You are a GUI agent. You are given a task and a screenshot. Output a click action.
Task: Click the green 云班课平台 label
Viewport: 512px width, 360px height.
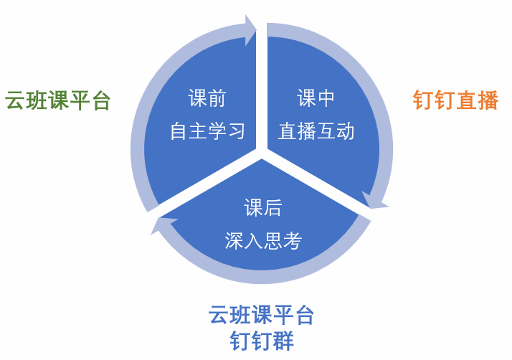58,100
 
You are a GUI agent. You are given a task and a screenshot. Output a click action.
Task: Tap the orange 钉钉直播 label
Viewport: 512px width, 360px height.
456,100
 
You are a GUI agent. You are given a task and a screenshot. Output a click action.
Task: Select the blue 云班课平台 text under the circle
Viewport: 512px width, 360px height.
261,315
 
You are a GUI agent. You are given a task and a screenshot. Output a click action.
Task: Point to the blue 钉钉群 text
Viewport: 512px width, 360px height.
262,341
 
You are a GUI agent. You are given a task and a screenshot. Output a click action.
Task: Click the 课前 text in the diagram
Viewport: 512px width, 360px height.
207,98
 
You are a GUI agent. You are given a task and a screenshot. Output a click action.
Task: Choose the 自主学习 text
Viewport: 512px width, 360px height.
207,131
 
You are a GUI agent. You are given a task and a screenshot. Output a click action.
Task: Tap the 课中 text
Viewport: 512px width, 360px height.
316,98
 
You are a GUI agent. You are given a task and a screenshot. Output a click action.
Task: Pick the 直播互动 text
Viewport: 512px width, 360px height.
316,131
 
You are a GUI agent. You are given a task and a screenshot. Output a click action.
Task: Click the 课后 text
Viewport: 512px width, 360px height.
262,207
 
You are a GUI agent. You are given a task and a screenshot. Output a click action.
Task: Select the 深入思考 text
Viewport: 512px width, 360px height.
263,241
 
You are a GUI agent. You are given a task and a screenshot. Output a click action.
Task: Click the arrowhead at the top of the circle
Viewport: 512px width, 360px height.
250,30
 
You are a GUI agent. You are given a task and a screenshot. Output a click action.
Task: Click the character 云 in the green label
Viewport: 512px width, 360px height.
15,100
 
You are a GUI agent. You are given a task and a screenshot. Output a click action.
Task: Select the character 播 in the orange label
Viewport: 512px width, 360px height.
488,100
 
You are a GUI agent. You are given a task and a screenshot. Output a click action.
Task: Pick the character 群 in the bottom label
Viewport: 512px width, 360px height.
283,341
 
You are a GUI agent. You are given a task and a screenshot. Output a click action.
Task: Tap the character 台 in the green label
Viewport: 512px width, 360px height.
101,100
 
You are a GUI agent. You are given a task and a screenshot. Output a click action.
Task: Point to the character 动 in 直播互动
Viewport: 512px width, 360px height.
345,131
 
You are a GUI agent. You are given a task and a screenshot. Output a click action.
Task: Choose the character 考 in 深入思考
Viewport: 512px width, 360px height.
293,241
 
